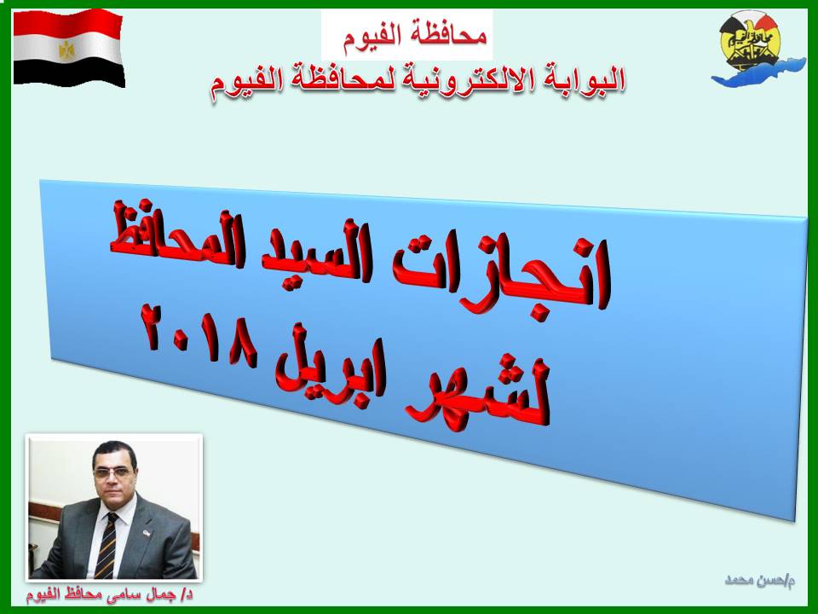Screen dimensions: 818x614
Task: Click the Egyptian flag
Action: [68, 48]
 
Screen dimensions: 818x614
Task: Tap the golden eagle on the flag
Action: [66, 50]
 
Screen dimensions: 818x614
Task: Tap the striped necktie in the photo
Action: [106, 545]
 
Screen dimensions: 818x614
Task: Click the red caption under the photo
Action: [110, 594]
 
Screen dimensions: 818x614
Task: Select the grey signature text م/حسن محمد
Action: [760, 580]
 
